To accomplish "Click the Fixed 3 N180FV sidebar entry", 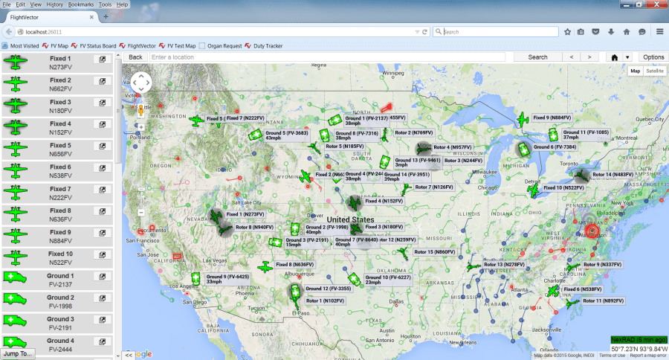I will point(59,106).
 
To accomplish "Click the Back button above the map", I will point(135,57).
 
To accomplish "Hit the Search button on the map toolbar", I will point(537,57).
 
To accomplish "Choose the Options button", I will point(653,57).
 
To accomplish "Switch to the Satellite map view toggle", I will point(655,71).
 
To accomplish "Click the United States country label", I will point(350,220).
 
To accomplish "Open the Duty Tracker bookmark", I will point(268,46).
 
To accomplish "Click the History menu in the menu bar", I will point(55,4).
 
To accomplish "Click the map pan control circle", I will point(141,81).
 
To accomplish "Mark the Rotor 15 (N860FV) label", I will point(435,252).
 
